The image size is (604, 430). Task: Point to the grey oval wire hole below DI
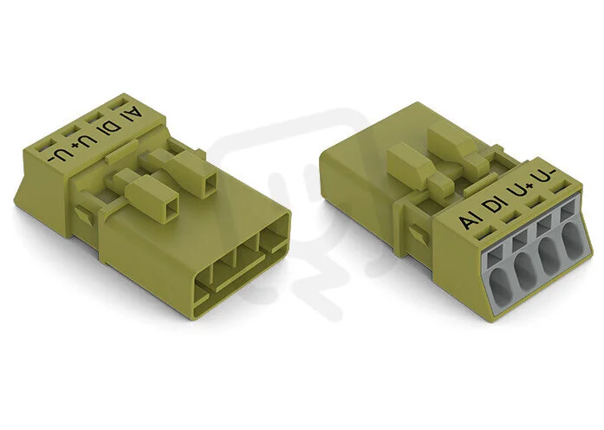[x=527, y=272]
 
